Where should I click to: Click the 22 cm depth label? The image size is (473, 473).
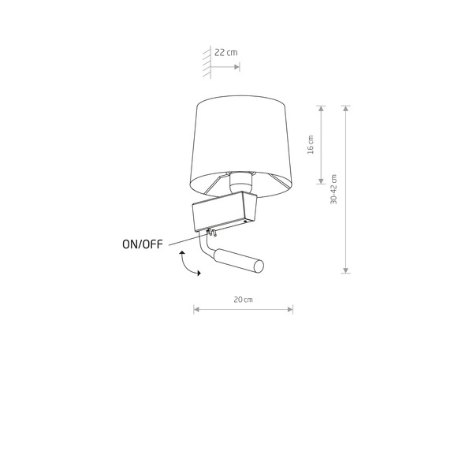226,53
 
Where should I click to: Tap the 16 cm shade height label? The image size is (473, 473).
311,145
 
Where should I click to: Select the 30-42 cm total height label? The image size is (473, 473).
333,189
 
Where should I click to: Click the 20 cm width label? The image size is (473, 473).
243,300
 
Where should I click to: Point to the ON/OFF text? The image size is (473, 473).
143,244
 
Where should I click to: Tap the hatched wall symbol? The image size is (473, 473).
207,62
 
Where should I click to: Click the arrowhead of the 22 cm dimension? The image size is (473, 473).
236,67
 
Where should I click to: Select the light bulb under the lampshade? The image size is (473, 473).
240,182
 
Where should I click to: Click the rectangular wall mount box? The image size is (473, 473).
225,210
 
